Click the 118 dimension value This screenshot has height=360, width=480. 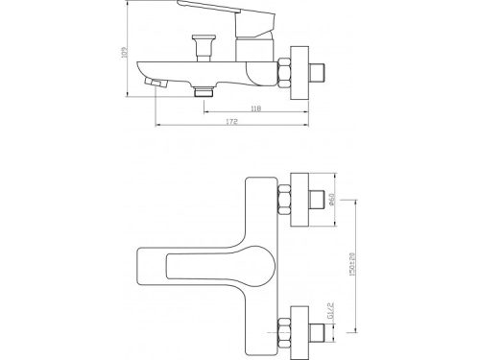click(x=254, y=108)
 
